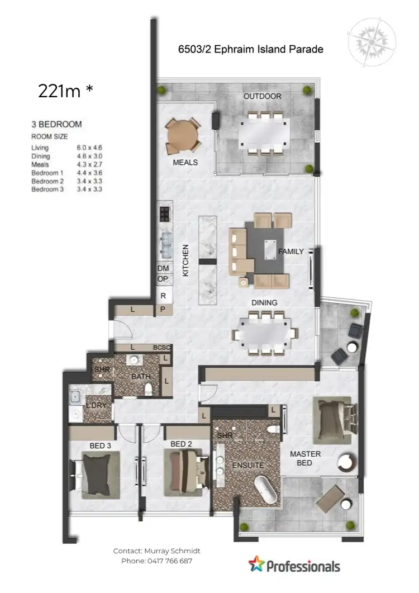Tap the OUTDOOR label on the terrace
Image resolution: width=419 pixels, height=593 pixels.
(x=262, y=96)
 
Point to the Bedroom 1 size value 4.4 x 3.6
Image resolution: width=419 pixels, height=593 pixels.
(x=90, y=173)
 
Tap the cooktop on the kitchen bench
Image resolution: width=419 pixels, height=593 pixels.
(x=165, y=215)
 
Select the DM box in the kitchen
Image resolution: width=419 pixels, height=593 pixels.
(x=163, y=268)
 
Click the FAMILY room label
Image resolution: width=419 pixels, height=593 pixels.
(x=291, y=252)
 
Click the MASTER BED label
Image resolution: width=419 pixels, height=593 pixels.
(x=305, y=458)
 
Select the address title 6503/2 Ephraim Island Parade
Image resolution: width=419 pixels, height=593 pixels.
(x=250, y=49)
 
